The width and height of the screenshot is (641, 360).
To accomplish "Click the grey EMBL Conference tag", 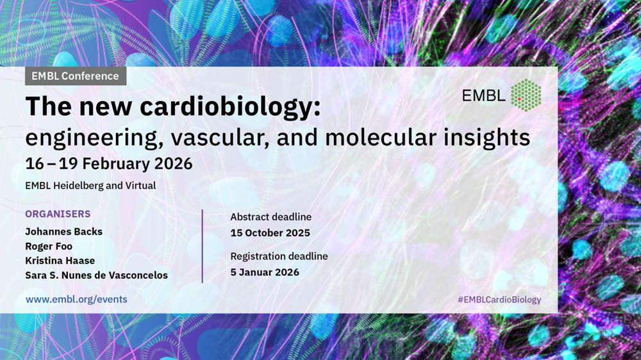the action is [x=76, y=76].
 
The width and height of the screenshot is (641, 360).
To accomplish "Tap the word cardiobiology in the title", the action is [x=230, y=107].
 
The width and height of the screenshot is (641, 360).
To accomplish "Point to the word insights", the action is [x=487, y=137].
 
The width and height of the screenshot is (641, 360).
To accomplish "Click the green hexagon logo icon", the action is [x=526, y=95].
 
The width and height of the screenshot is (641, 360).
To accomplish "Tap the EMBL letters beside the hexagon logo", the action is [x=483, y=95].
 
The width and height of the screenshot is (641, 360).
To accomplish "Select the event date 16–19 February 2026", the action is [x=109, y=163].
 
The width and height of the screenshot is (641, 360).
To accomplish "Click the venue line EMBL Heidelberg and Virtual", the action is [x=90, y=186].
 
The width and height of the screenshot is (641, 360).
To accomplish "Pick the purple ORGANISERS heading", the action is [x=58, y=214].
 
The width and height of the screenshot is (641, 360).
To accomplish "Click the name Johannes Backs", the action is [x=63, y=232].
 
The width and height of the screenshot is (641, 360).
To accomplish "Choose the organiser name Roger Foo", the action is [x=49, y=247].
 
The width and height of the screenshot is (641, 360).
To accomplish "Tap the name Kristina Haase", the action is [x=60, y=261].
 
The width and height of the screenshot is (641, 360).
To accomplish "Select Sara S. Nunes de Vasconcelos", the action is [x=97, y=275].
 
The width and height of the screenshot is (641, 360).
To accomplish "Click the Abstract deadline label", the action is [x=271, y=217].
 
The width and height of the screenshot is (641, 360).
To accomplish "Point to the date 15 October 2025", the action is [x=271, y=233].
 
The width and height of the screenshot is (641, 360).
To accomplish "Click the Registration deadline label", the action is [x=279, y=256].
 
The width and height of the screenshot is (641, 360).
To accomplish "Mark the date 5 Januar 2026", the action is [x=265, y=272].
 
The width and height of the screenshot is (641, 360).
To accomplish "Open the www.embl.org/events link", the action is [x=76, y=299].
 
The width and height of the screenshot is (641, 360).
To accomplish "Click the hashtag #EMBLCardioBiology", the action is [x=499, y=300].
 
